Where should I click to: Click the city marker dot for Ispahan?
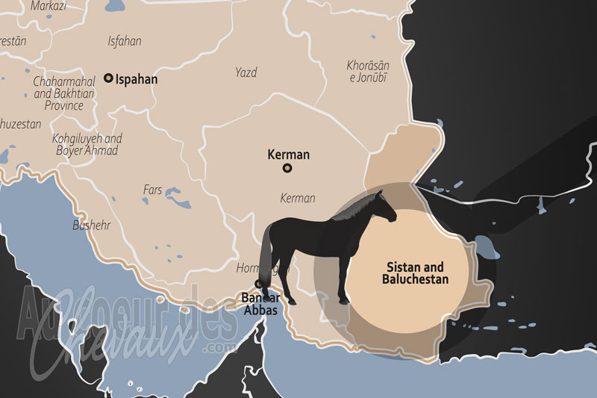[108, 78]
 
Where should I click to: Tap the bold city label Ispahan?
[137, 78]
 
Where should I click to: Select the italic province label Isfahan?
[125, 41]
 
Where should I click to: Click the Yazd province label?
[246, 72]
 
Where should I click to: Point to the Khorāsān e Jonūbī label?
[369, 72]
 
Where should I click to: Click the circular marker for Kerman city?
[287, 169]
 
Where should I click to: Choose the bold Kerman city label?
[288, 155]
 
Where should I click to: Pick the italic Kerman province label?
[298, 198]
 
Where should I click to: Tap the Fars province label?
[152, 190]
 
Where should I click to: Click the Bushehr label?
[92, 224]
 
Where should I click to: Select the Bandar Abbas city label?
[260, 303]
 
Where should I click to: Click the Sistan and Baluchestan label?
[415, 273]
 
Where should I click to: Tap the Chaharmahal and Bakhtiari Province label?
[63, 93]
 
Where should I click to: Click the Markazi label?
[49, 6]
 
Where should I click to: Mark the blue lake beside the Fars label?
[178, 197]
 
